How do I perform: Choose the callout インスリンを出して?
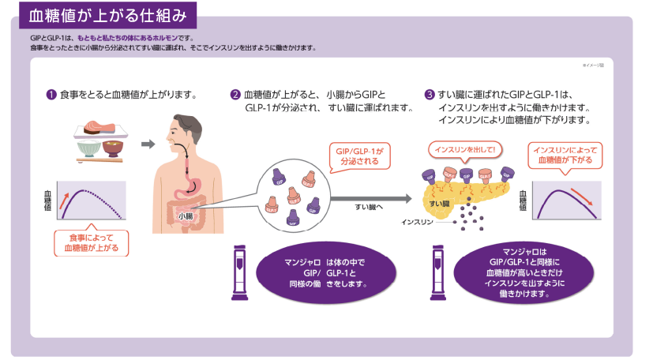coord(465,149)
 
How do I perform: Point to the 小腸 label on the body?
coord(186,215)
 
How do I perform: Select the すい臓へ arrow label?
coord(368,206)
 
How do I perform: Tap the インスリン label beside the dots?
coord(415,222)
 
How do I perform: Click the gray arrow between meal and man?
coord(146,144)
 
